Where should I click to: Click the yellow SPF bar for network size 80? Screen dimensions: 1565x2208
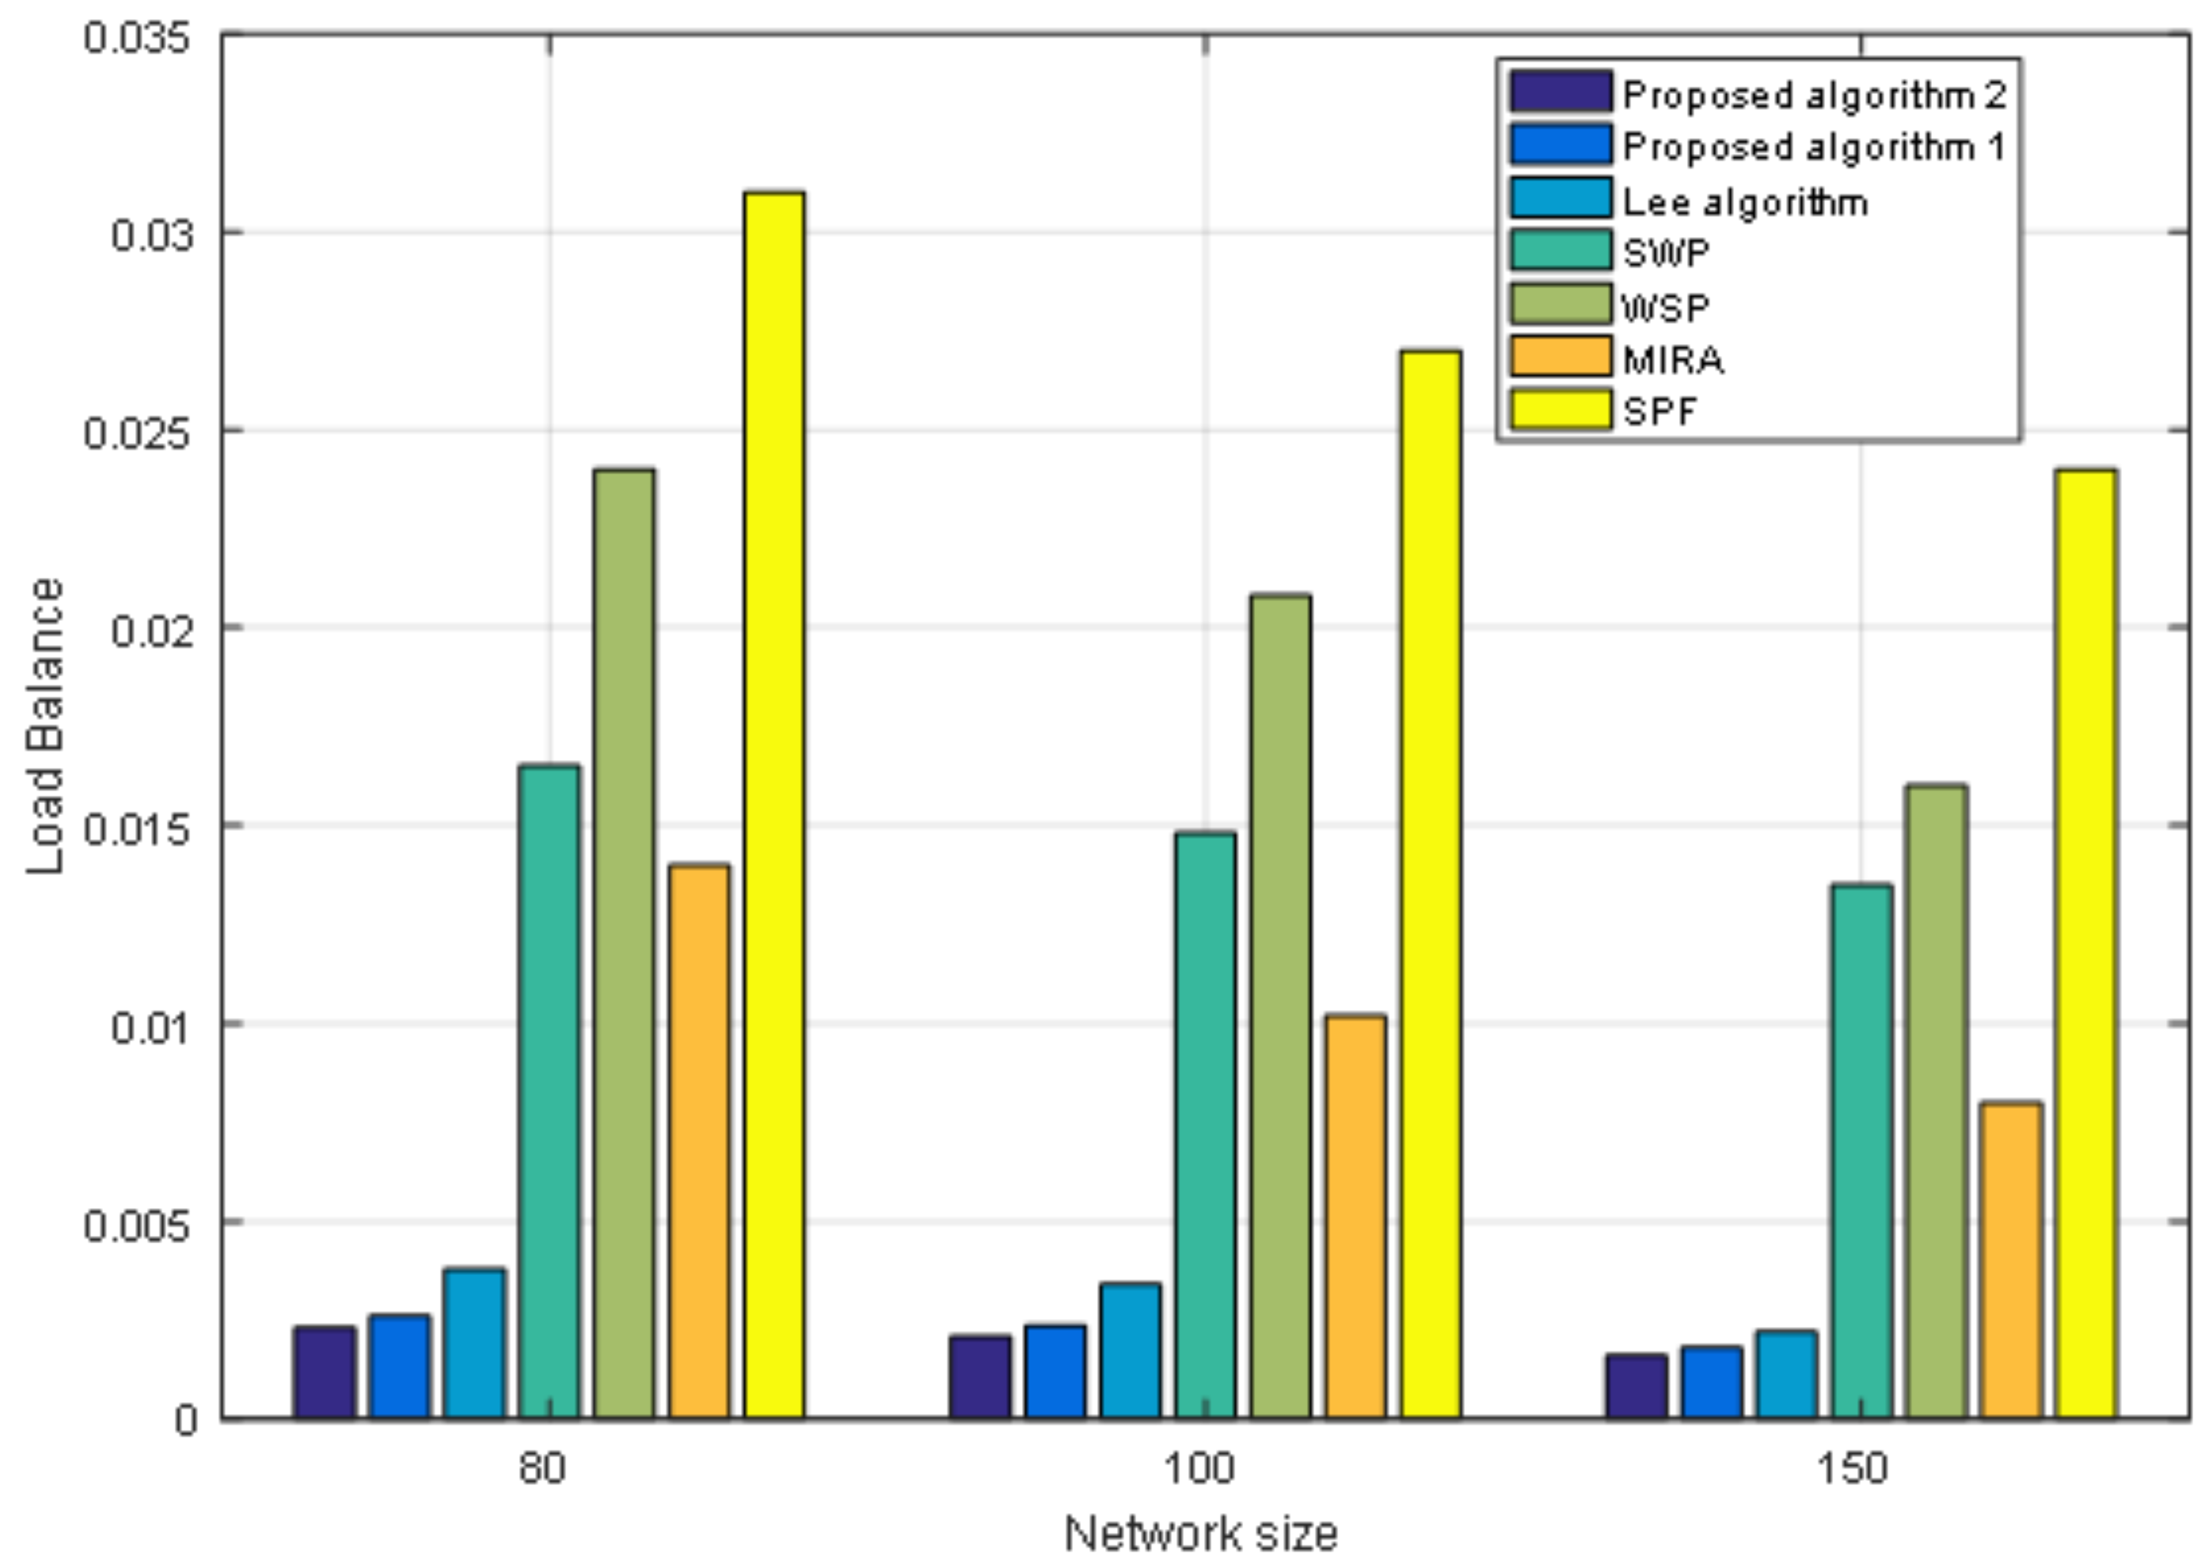[774, 805]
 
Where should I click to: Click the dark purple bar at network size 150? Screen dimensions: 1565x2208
[1636, 1386]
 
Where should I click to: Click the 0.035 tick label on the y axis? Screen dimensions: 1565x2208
[137, 38]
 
